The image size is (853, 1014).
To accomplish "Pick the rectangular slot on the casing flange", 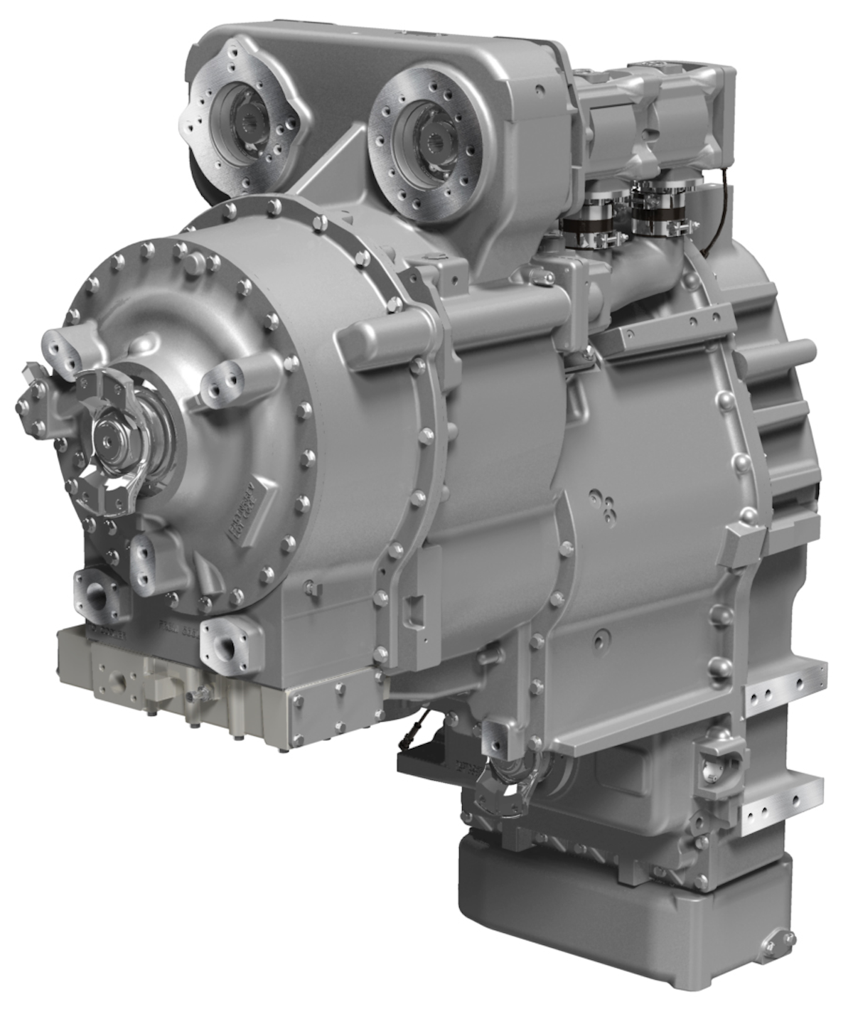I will [412, 611].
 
